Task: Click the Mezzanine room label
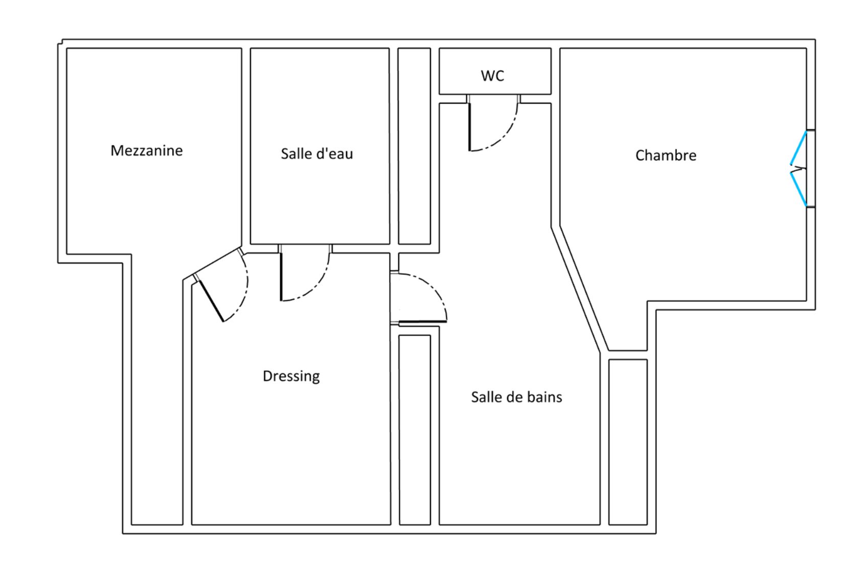click(146, 151)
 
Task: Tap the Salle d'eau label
click(316, 154)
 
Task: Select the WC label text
click(492, 76)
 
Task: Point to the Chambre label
click(666, 155)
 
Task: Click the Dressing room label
click(291, 376)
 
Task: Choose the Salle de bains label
click(516, 397)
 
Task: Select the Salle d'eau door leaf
click(281, 276)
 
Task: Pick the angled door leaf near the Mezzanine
click(210, 301)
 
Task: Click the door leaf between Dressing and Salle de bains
click(422, 322)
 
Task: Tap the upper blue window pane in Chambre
click(798, 148)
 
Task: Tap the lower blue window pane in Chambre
click(798, 189)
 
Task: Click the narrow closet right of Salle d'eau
click(414, 146)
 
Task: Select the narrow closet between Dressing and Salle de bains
click(415, 429)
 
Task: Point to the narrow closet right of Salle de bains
click(628, 442)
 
